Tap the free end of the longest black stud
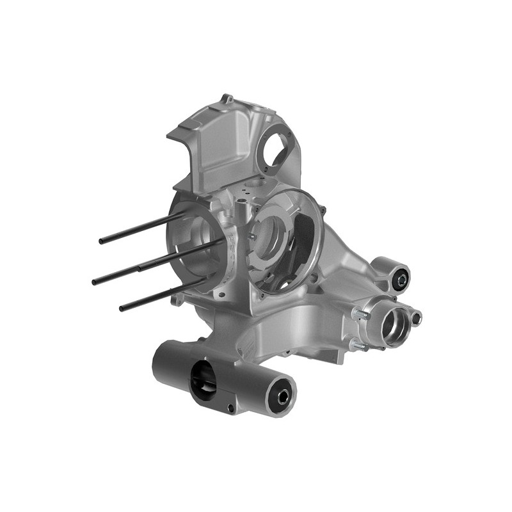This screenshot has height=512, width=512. point(95,281)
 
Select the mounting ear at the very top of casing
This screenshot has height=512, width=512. point(227,99)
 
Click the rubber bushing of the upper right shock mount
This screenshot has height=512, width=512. point(401,278)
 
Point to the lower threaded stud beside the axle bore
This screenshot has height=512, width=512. point(358,346)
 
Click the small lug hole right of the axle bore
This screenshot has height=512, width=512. point(416,317)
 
